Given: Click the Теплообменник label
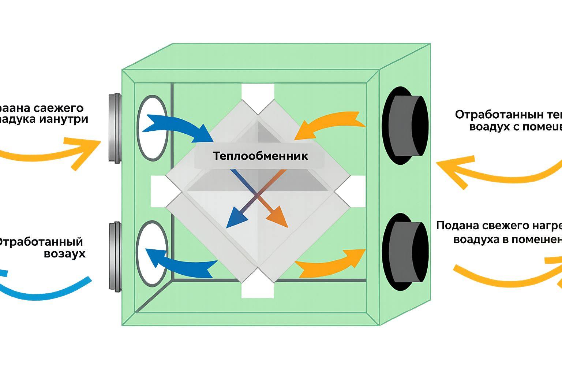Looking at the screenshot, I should (260, 156).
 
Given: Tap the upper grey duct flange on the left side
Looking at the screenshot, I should (115, 128).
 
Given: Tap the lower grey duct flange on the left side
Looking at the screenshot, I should (115, 256).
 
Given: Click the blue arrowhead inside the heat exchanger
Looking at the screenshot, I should (235, 218).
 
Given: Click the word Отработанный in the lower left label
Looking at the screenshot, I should (40, 242).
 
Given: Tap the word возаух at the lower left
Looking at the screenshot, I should (64, 253).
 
